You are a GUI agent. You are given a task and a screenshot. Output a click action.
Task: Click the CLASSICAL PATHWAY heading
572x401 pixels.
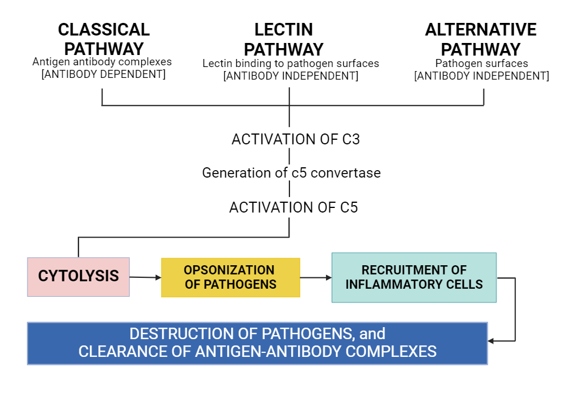pos(104,39)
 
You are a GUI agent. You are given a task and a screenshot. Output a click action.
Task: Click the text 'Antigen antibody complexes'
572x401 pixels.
pos(102,62)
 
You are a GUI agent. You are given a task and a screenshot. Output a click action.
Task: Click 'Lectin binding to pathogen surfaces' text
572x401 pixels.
pos(291,64)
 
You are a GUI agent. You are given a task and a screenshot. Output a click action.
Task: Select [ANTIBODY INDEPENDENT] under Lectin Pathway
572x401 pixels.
pos(291,76)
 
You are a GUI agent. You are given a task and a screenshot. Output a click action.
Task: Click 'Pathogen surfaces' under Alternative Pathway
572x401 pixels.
pos(482,64)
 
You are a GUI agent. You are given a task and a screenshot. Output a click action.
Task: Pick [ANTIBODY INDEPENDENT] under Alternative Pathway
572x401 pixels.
pos(482,76)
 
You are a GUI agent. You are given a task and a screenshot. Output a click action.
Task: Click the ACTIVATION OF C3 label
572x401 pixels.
pos(295,139)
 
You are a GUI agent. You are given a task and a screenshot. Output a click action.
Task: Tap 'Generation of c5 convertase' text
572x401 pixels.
pos(291,172)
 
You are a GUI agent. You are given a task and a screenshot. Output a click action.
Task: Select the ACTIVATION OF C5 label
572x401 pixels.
pos(293,207)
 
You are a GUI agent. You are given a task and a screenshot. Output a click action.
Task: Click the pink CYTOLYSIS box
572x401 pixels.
pos(78,277)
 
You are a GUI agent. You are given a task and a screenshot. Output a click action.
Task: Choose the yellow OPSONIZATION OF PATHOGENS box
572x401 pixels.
pos(230,277)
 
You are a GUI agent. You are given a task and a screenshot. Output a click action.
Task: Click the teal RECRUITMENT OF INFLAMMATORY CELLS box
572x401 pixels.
pos(414,277)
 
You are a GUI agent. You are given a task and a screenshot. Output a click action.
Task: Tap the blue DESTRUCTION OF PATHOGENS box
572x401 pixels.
pos(257,343)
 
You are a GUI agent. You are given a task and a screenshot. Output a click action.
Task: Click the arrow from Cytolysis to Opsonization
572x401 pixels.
pos(145,277)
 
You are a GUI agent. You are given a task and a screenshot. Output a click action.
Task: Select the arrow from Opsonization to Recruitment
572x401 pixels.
pos(316,278)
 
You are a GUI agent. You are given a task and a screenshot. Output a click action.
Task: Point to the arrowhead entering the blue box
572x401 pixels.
pos(491,341)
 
